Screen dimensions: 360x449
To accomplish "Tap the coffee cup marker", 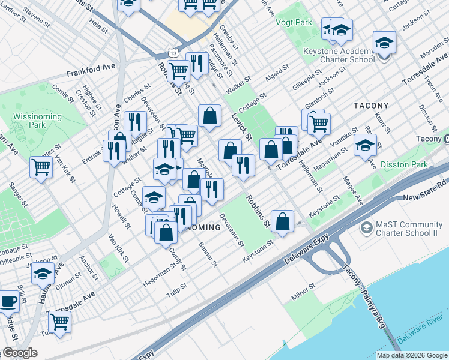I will [8, 301].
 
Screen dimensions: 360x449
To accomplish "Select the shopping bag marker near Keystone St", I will [282, 221].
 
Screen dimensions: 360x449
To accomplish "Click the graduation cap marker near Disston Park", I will [365, 145].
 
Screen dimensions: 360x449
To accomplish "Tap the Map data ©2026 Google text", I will [412, 355].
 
